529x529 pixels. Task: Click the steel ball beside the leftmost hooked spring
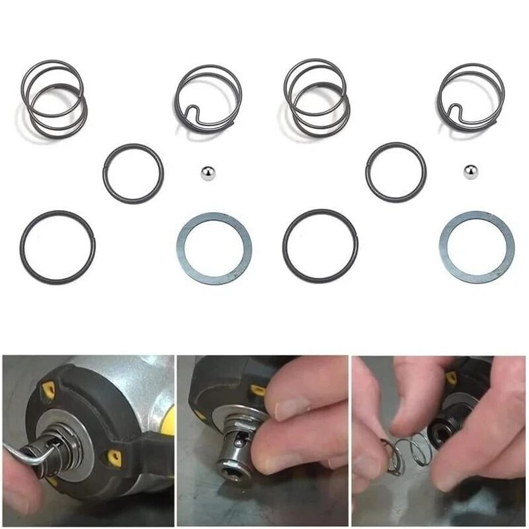click(208, 173)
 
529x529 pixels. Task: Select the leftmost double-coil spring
click(54, 99)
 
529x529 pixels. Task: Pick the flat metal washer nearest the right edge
click(477, 248)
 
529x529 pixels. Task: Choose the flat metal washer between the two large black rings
click(214, 249)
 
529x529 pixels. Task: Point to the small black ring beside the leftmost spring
click(133, 173)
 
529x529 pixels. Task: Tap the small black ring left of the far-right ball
click(395, 172)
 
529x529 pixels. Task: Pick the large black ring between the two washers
click(320, 246)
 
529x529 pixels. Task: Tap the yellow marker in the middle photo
click(258, 390)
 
